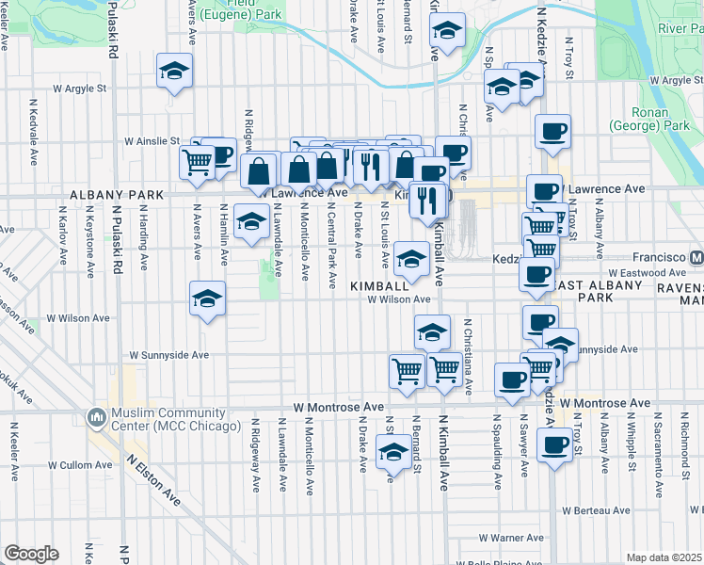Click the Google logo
(31, 553)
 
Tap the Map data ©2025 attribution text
(664, 557)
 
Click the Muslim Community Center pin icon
(96, 416)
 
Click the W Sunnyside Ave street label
(176, 355)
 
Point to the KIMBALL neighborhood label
(377, 284)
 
